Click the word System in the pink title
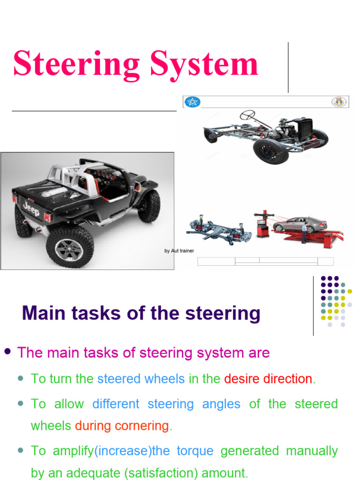(204, 65)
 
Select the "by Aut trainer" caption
(179, 251)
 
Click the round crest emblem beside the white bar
(339, 102)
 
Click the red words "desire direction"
(268, 379)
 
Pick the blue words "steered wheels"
(141, 379)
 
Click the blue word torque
(195, 451)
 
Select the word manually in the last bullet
(312, 451)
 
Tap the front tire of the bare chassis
(271, 151)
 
